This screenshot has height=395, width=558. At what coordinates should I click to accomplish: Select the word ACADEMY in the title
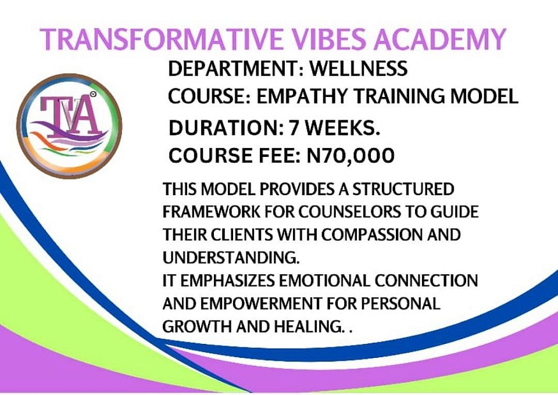pyautogui.click(x=440, y=39)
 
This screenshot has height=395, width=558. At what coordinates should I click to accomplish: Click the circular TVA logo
pyautogui.click(x=69, y=126)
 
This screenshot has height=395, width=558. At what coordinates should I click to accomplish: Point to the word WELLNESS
pyautogui.click(x=359, y=69)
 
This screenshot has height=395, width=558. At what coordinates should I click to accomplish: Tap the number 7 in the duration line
pyautogui.click(x=294, y=128)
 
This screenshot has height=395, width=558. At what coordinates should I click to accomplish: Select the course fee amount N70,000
pyautogui.click(x=350, y=155)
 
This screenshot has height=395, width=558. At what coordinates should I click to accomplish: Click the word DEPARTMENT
pyautogui.click(x=234, y=69)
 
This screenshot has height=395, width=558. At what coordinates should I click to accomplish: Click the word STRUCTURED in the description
pyautogui.click(x=403, y=189)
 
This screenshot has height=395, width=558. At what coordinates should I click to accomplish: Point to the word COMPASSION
pyautogui.click(x=372, y=235)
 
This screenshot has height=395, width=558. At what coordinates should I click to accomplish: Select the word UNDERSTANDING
pyautogui.click(x=231, y=258)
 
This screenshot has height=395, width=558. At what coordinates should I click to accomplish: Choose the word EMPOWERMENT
pyautogui.click(x=261, y=304)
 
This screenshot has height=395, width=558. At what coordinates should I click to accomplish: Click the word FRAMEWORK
pyautogui.click(x=212, y=212)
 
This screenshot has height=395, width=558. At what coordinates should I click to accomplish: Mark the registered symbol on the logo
pyautogui.click(x=93, y=94)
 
